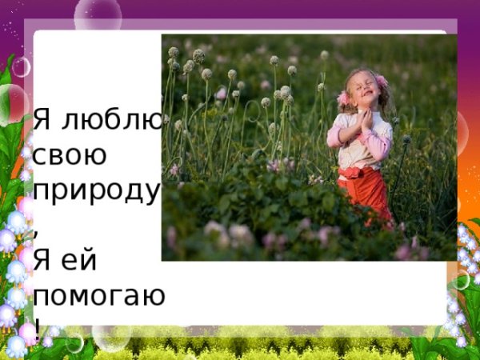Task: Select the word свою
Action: coord(70,154)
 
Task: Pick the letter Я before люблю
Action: coord(44,120)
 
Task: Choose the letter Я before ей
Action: coord(44,259)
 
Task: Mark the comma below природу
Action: coord(37,226)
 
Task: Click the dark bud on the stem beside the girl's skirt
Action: coord(406,139)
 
